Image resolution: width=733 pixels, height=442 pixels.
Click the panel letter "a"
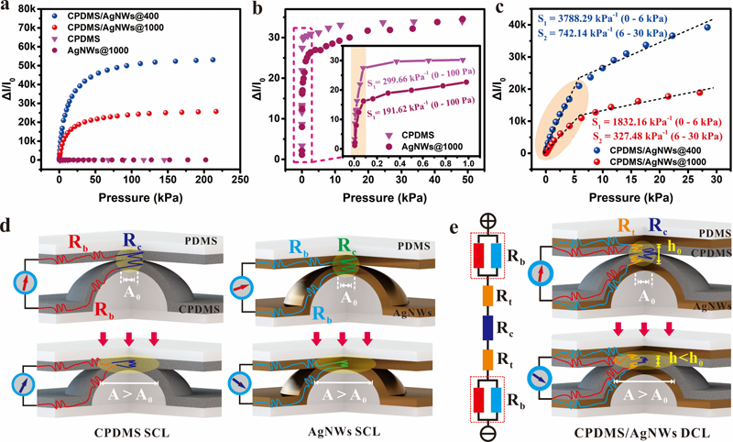coord(7,9)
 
